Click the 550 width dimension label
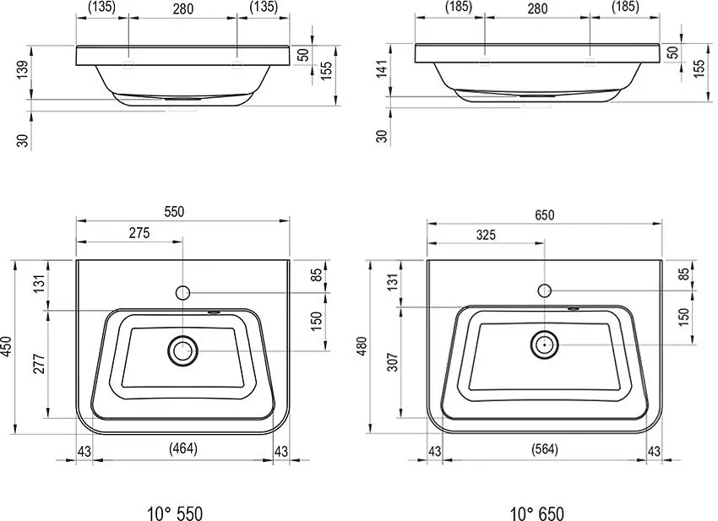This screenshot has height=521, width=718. (x=175, y=211)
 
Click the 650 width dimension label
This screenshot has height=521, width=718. (x=545, y=214)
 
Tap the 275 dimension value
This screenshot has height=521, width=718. (x=139, y=233)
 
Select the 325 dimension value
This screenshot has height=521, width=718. (x=486, y=235)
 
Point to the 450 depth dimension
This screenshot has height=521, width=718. (x=8, y=347)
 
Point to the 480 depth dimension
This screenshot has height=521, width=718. (x=362, y=346)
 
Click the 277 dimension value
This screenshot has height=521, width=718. (x=40, y=363)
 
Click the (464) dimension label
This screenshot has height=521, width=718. (x=183, y=448)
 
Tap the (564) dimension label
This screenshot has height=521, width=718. (x=545, y=449)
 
